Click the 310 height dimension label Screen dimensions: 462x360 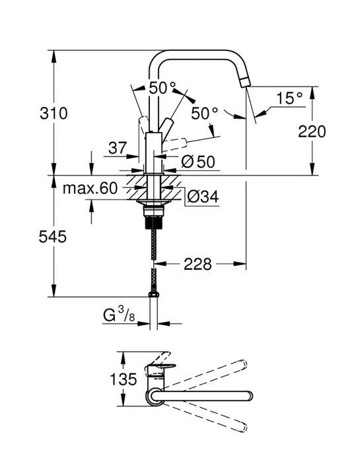[x=54, y=113]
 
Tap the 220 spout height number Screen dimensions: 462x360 [x=312, y=131]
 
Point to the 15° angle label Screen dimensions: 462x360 [x=288, y=98]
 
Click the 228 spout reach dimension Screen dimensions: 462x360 [x=198, y=264]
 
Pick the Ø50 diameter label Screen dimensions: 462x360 [x=199, y=162]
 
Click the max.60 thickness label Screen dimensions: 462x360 [x=90, y=189]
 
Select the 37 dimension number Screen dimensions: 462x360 [x=118, y=149]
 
